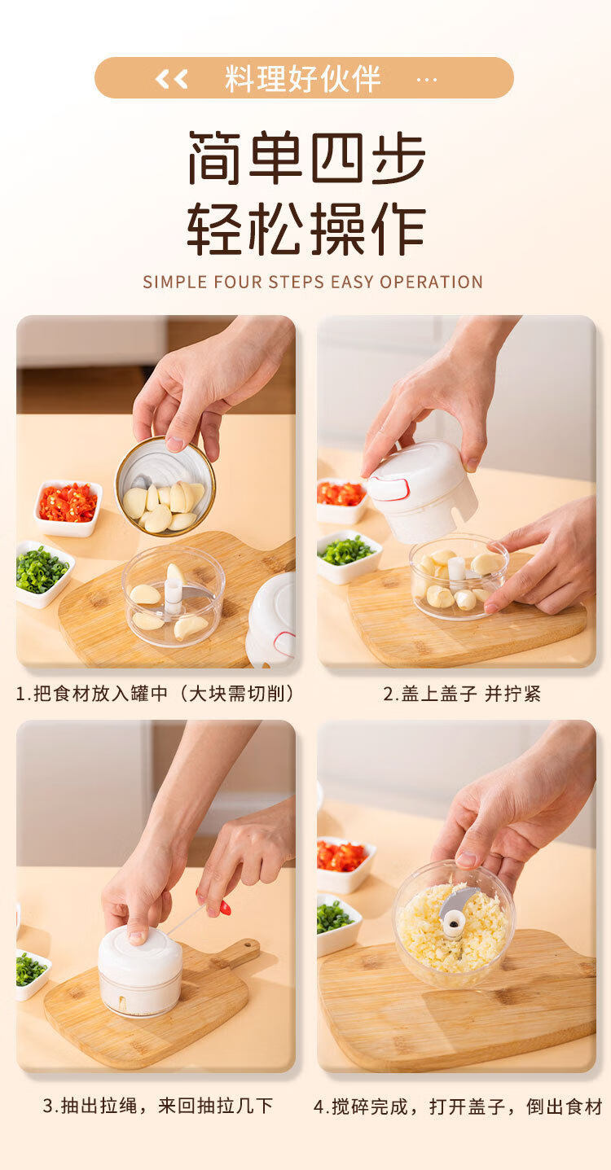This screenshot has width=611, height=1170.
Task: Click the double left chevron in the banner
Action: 171,79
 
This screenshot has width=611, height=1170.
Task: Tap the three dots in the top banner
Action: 427,80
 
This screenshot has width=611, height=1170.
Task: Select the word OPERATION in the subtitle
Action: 431,282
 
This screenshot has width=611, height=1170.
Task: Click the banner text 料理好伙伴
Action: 303,78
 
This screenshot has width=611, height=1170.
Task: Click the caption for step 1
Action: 156,694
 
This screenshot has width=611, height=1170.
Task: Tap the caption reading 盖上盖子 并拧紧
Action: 462,694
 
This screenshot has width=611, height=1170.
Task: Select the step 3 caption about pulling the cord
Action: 158,1106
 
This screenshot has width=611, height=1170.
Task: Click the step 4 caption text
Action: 458,1106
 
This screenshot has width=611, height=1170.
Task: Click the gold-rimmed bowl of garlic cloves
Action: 165,486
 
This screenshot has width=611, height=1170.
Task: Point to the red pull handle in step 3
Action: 224,908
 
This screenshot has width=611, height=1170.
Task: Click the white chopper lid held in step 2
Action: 422,491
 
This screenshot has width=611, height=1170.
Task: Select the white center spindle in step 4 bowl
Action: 453,922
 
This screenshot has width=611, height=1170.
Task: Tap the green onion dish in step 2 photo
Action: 347,556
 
